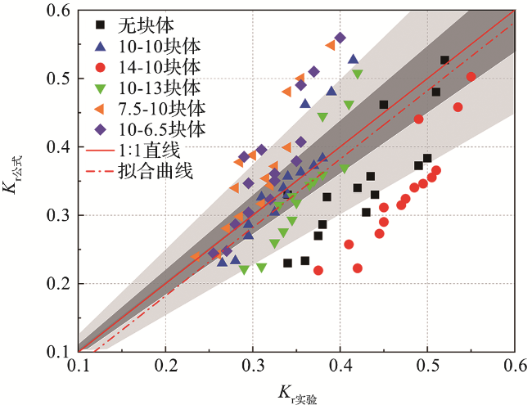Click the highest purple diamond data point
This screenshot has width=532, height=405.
340,38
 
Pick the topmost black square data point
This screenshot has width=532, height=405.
444,60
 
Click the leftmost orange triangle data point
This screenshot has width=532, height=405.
196,257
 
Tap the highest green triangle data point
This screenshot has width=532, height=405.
358,74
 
